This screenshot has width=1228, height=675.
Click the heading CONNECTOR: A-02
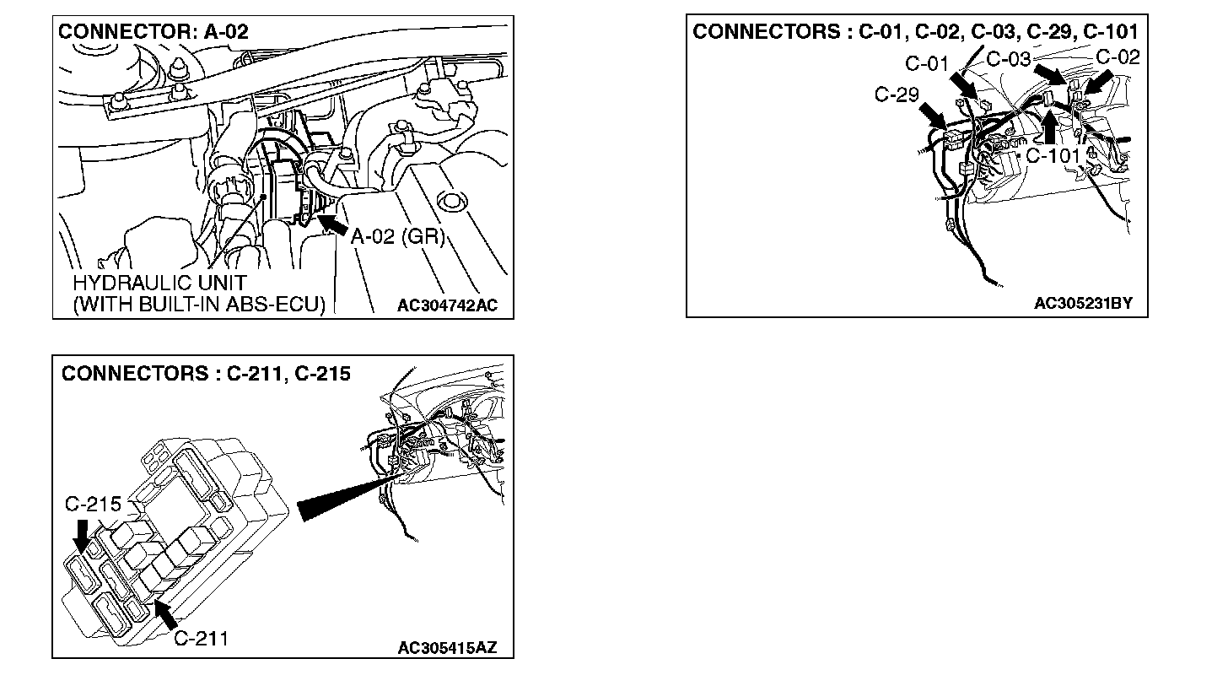click(153, 33)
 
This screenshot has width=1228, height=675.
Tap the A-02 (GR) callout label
click(397, 237)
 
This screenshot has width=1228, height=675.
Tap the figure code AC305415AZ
click(446, 647)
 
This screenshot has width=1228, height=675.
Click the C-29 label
click(895, 95)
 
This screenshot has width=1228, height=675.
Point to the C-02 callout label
click(1118, 58)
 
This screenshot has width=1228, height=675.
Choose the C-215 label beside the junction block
click(93, 505)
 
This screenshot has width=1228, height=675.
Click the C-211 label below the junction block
click(201, 639)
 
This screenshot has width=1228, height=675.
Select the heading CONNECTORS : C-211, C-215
click(205, 373)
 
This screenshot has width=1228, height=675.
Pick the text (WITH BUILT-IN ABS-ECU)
click(198, 304)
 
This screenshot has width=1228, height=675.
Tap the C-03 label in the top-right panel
click(1008, 59)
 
